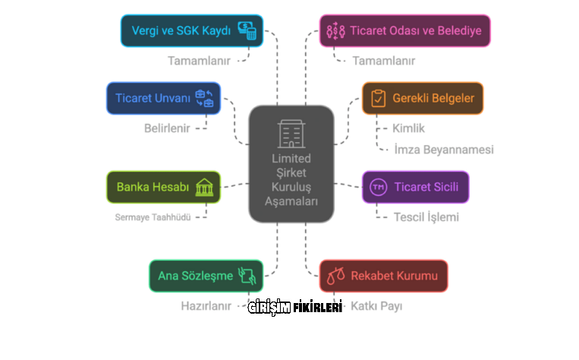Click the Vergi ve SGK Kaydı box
[192, 31]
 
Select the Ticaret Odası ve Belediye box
[404, 31]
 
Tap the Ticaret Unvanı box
[163, 98]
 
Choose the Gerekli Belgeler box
[422, 98]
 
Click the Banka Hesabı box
[163, 187]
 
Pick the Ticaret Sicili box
[415, 187]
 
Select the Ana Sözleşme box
[206, 276]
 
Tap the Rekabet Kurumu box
[383, 276]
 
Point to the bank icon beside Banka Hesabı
[204, 187]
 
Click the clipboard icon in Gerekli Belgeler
[378, 99]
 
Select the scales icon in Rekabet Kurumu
[335, 276]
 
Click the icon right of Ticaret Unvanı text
[205, 98]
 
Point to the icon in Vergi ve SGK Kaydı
[247, 30]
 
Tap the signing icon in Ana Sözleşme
[247, 275]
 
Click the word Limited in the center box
[291, 159]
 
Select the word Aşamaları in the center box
[291, 201]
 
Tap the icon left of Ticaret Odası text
[335, 31]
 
